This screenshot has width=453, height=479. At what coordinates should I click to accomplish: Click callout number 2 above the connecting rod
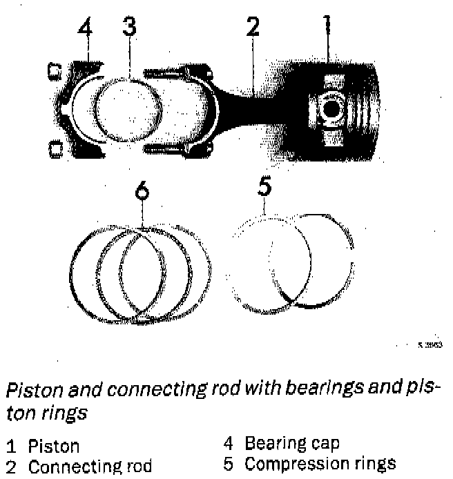pos(253,28)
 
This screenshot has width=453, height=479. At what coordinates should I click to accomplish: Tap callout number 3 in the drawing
pos(128,28)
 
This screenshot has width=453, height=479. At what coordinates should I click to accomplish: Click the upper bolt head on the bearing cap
pos(53,70)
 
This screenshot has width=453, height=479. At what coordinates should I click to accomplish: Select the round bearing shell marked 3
pos(128,108)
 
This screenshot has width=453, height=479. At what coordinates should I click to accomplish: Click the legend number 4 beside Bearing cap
pos(229,442)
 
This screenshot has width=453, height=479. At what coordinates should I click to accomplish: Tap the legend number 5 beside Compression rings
pos(229,462)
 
